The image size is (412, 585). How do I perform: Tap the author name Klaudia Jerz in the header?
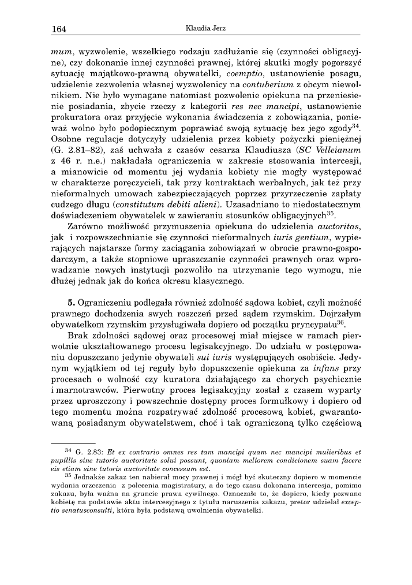206,27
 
